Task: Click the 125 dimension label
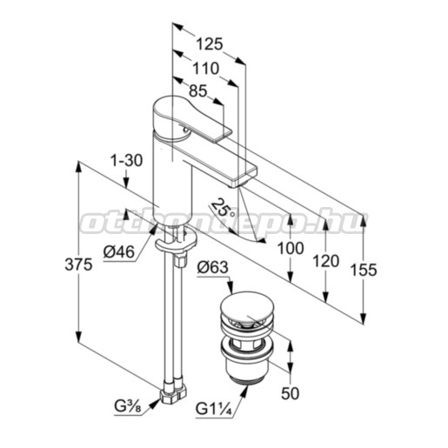click(210, 44)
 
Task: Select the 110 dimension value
click(206, 69)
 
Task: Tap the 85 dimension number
click(198, 91)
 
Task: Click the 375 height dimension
click(78, 264)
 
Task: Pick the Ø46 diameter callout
click(119, 251)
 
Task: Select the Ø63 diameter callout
click(212, 267)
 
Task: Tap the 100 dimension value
click(291, 248)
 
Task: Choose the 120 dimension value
click(325, 261)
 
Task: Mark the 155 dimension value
click(364, 270)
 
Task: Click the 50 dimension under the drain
click(290, 393)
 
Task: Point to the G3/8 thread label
click(128, 407)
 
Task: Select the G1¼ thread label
click(214, 409)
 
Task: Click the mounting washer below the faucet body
click(176, 240)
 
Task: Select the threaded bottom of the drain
click(246, 377)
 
